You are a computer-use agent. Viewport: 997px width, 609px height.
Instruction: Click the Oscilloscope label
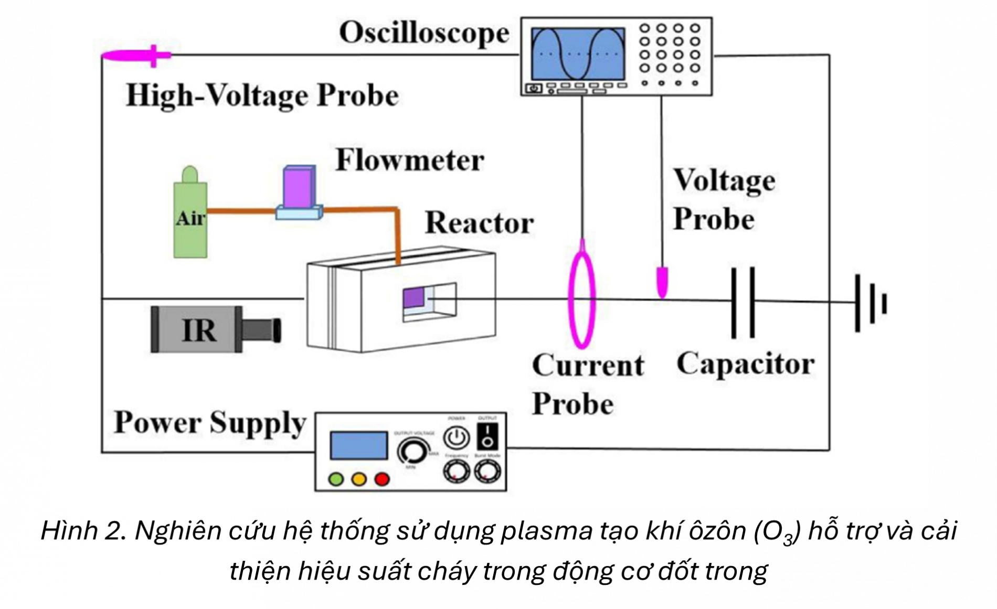[424, 33]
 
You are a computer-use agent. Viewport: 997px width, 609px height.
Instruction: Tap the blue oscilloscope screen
[578, 54]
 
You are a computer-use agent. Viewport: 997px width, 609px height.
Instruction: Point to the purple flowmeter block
[299, 188]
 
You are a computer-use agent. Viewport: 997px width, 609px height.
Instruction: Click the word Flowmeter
[409, 160]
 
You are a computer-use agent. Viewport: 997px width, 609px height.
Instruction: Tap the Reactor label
[479, 223]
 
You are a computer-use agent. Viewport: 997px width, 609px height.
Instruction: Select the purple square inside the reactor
[413, 298]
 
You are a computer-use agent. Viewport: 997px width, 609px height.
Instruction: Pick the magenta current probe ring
[582, 299]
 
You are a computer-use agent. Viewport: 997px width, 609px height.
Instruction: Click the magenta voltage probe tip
[663, 282]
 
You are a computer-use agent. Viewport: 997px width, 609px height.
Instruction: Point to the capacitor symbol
[743, 302]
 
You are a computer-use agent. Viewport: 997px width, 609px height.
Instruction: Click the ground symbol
[871, 303]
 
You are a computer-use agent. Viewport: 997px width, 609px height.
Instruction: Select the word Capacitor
[745, 364]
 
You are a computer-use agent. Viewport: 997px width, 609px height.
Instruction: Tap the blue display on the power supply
[358, 445]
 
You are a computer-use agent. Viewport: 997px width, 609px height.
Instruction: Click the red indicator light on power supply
[382, 479]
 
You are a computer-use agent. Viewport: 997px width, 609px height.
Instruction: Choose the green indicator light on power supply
[336, 479]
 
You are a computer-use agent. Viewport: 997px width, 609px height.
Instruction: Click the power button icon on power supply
[457, 438]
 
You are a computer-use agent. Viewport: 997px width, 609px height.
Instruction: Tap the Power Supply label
[210, 423]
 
